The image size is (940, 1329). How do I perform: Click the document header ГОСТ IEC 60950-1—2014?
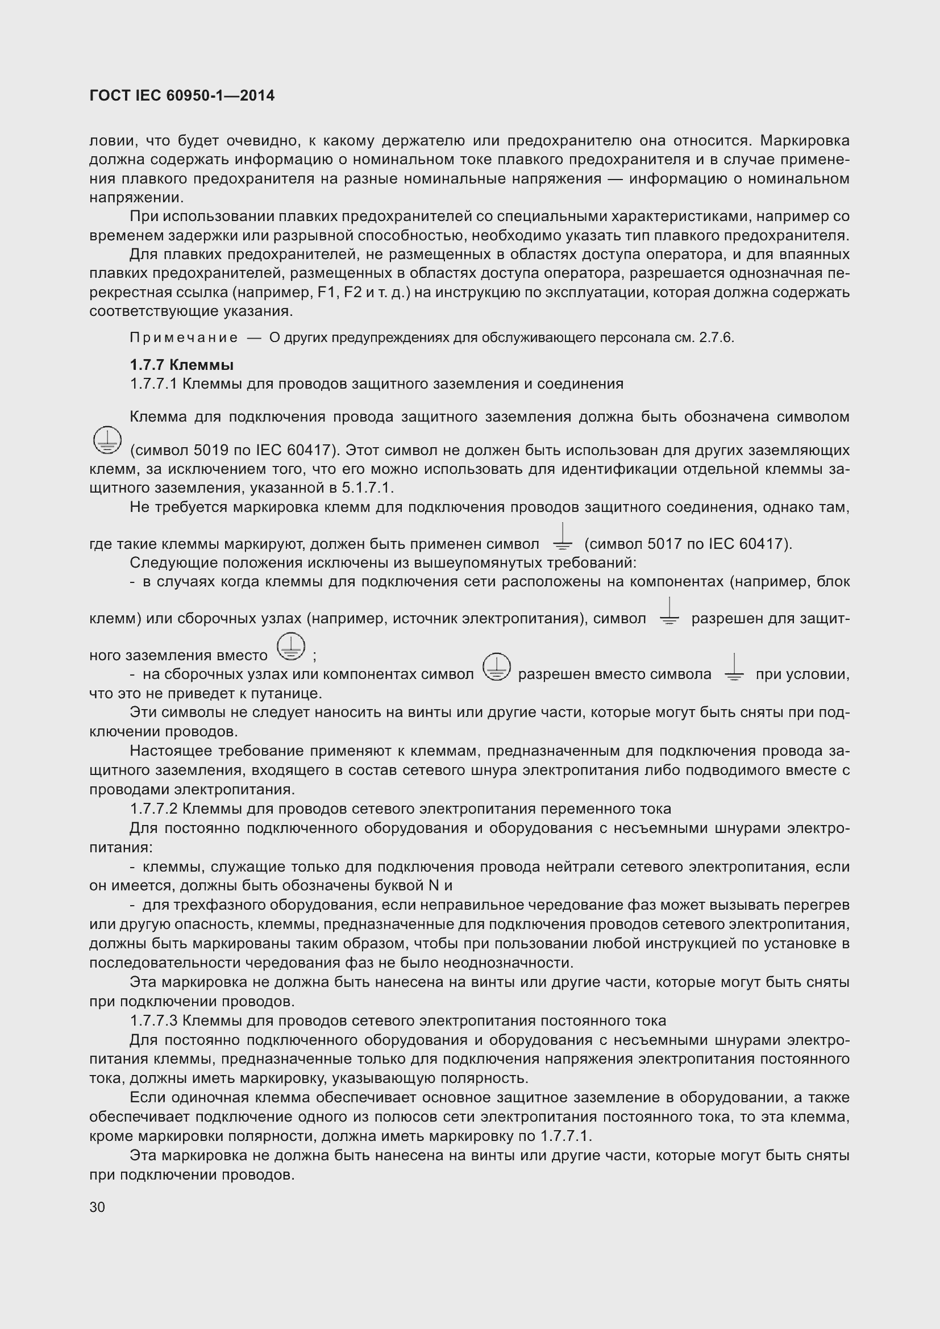pos(182,95)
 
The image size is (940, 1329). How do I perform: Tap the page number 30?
pos(97,1207)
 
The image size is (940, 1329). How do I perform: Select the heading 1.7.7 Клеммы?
pos(182,365)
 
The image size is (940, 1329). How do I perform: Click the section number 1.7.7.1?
pos(153,384)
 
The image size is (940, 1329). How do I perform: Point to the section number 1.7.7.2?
pos(155,809)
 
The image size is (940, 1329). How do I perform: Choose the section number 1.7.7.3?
pos(155,1020)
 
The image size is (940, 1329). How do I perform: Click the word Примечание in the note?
pos(184,338)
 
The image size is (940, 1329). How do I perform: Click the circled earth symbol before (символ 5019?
pos(107,441)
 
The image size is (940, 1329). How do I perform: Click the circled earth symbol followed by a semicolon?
pos(290,647)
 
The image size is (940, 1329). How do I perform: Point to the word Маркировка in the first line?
pos(805,141)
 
